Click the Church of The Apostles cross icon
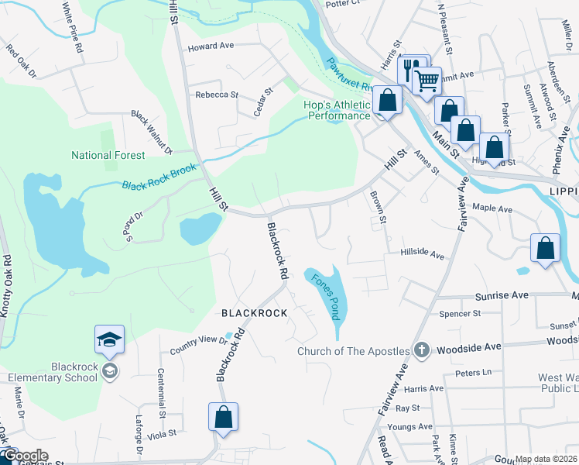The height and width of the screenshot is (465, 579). pyautogui.click(x=421, y=350)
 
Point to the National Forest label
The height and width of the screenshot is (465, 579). pyautogui.click(x=108, y=155)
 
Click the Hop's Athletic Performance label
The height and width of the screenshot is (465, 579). pyautogui.click(x=339, y=110)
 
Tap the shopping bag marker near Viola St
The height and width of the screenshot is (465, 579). pyautogui.click(x=223, y=417)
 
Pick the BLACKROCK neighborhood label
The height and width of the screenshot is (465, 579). pyautogui.click(x=255, y=313)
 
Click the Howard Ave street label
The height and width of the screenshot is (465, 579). pyautogui.click(x=211, y=46)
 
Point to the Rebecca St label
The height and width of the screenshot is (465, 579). pyautogui.click(x=217, y=95)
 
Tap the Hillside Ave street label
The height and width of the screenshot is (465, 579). pyautogui.click(x=422, y=253)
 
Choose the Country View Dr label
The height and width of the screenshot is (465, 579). pyautogui.click(x=197, y=345)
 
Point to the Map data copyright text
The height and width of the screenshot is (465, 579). pyautogui.click(x=546, y=459)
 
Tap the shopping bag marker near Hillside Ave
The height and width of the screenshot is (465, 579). pyautogui.click(x=546, y=249)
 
